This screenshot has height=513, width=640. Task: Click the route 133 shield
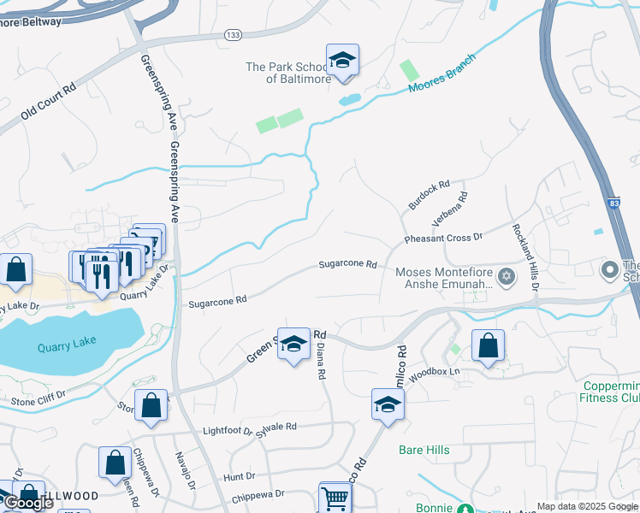[x=233, y=34]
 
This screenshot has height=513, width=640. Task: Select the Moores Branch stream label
[x=441, y=74]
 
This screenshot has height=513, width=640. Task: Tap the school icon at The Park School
[x=342, y=61]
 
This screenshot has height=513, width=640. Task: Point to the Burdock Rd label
[x=429, y=193]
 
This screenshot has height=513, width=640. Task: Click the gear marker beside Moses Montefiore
[x=507, y=275]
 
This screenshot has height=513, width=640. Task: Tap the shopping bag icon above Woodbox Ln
[x=488, y=346]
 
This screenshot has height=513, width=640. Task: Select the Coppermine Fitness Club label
[x=608, y=392]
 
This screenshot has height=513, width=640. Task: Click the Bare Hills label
[x=424, y=450]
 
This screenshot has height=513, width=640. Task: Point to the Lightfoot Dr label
[x=227, y=432]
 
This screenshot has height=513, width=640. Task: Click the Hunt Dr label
[x=239, y=475]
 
